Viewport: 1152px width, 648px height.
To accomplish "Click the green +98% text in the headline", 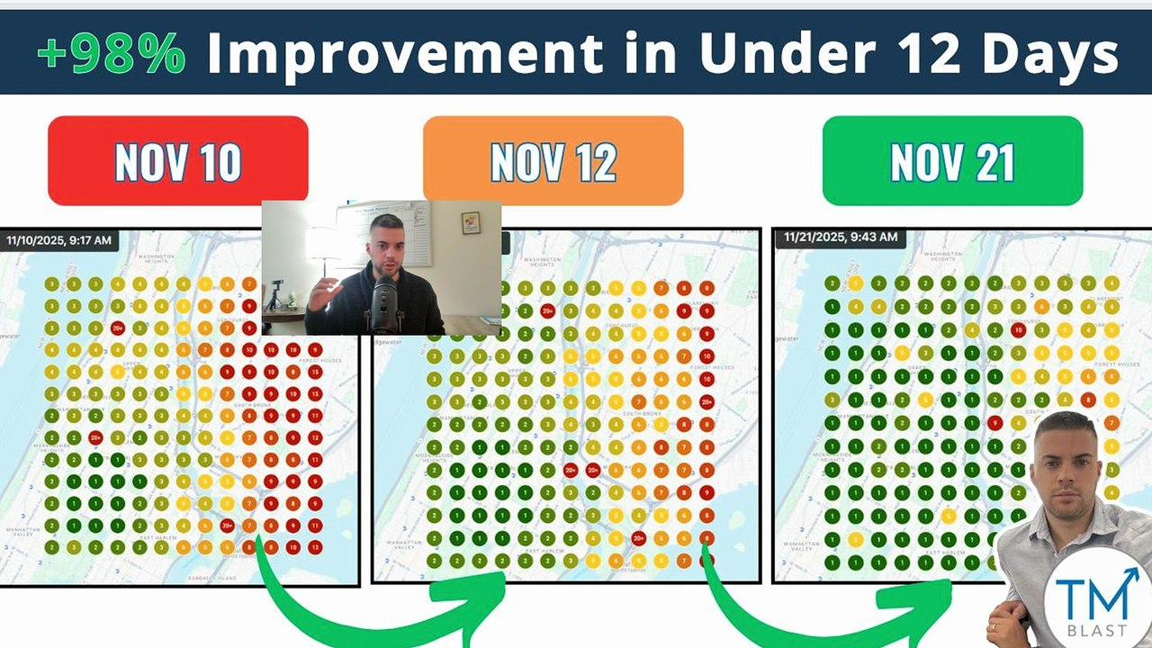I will click(112, 54).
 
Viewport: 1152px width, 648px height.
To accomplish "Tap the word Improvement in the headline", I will click(404, 54).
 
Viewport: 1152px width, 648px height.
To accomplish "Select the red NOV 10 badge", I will click(178, 161).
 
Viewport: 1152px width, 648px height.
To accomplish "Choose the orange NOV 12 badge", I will click(553, 161).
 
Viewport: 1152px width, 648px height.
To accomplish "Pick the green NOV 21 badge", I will click(952, 161).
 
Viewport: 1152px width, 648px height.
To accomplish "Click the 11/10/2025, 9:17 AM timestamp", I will click(59, 240).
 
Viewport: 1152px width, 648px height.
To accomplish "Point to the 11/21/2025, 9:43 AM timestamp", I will click(841, 238).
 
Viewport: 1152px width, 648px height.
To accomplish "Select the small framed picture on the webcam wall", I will click(471, 222).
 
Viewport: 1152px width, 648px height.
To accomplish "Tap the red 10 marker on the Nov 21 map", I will click(1018, 330).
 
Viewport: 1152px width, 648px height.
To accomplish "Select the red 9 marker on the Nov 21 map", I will click(995, 422).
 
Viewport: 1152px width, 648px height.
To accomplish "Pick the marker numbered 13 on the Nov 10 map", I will click(315, 547).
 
